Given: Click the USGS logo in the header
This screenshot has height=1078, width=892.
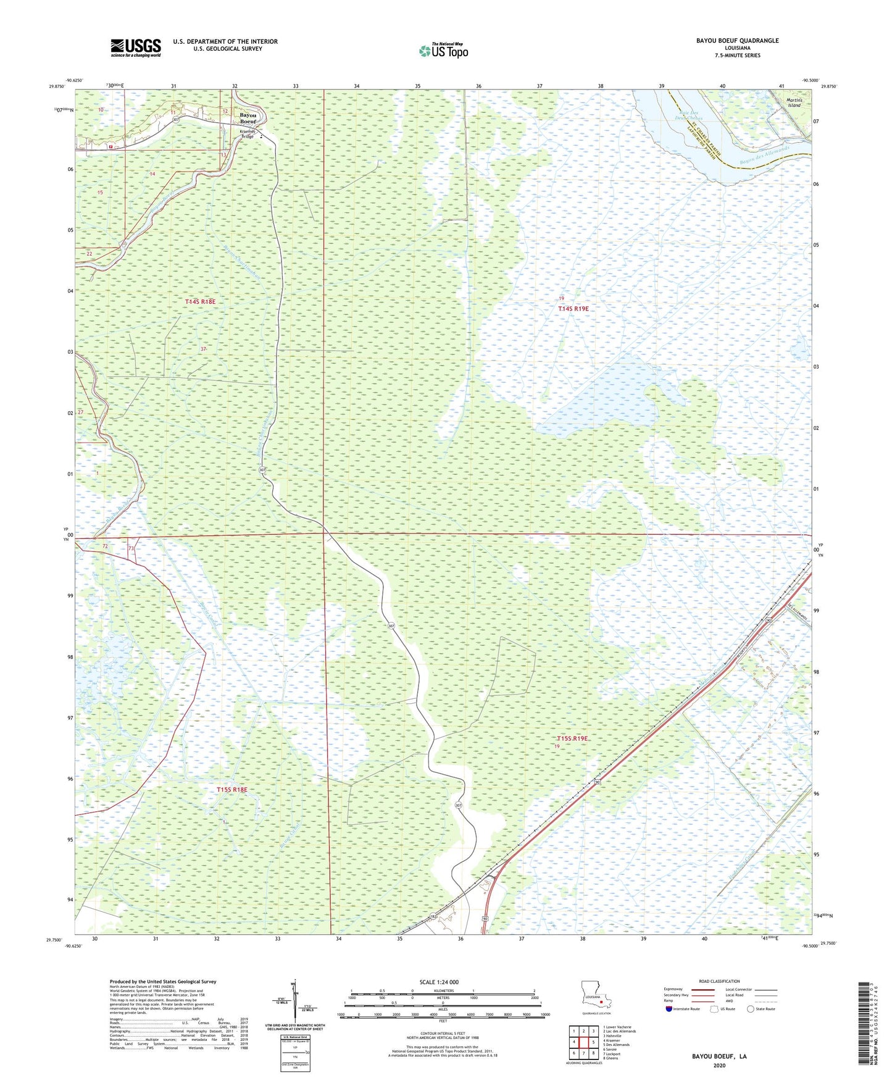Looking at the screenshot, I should [136, 48].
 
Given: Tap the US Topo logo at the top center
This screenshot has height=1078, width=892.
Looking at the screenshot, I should [443, 51].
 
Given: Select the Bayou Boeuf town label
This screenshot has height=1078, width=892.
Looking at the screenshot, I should [248, 119].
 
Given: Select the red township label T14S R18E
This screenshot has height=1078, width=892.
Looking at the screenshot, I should [201, 301].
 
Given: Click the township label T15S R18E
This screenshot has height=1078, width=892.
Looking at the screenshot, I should [231, 790].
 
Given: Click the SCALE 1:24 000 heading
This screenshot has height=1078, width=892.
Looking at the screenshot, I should [439, 982].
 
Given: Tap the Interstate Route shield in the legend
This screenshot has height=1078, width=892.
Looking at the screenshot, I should [669, 1009].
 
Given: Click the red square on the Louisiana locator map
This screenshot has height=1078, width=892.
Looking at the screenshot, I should [601, 1002].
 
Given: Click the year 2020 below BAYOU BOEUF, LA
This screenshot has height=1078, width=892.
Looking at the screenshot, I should [719, 1065].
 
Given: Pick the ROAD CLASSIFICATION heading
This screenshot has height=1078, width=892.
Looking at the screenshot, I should [719, 981].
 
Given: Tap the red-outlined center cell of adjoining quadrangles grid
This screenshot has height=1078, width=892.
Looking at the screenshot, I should [583, 1042].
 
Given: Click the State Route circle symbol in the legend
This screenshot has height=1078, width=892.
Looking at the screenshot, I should [751, 1009].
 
